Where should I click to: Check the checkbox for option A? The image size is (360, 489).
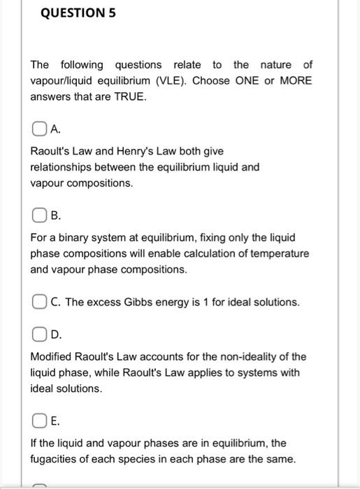(x=37, y=129)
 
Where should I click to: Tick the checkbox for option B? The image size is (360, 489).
(x=37, y=217)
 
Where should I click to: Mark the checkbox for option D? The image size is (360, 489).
(x=37, y=335)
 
